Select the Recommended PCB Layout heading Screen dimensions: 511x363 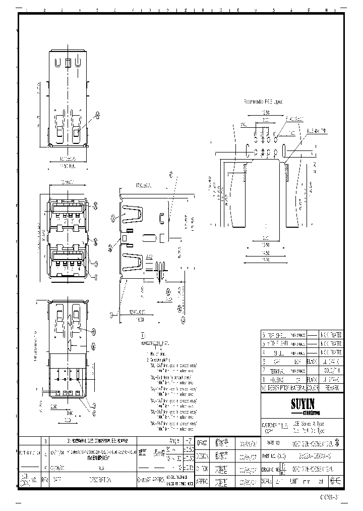[x=263, y=101]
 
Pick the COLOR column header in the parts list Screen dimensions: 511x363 [x=313, y=388]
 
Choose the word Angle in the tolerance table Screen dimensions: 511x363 [x=174, y=440]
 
